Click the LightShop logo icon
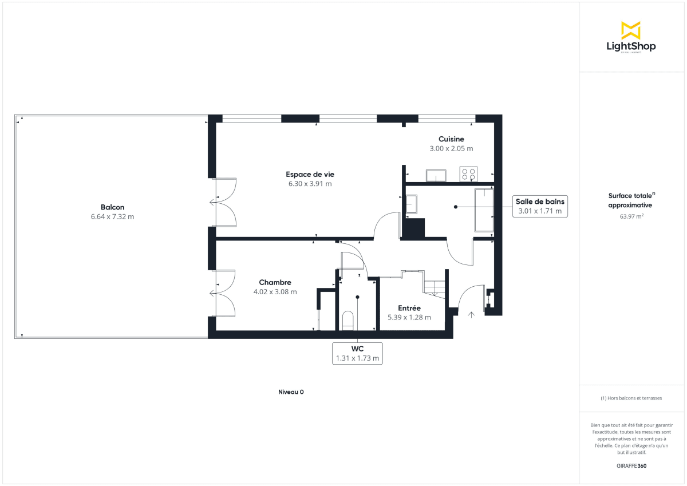630,30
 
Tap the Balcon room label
112,207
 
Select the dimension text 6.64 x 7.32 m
112,217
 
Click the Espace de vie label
310,174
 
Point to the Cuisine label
451,139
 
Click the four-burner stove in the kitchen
468,174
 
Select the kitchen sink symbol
436,176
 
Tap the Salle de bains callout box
539,206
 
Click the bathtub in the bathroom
484,210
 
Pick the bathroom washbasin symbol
412,203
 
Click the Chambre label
275,282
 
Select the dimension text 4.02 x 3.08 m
275,292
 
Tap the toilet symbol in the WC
348,319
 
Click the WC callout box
357,354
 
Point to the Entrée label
409,308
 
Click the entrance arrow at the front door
472,314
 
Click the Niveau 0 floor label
291,392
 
